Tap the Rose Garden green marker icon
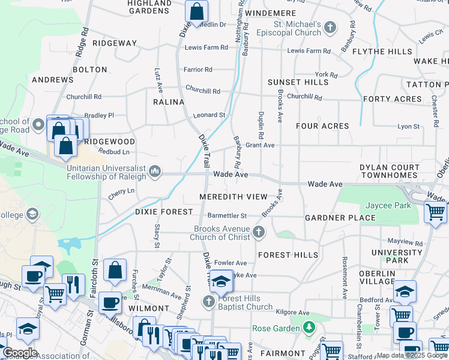309,328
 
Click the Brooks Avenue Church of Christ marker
259,232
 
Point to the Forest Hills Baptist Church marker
209,301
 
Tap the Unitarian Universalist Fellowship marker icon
155,172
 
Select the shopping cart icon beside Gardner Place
435,212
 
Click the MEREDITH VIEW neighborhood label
234,197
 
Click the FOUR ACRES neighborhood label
322,126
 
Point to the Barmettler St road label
227,215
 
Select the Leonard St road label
209,115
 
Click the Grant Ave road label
260,145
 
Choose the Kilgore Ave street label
292,313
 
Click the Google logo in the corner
20,353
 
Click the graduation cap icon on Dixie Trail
221,280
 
